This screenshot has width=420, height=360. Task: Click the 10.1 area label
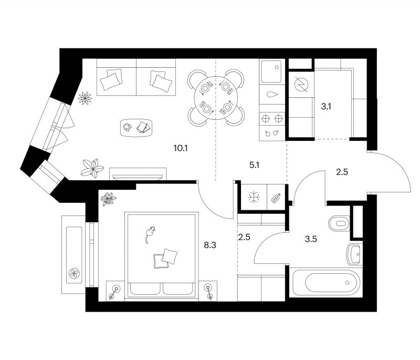coord(180,148)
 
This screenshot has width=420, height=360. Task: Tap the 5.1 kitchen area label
coord(254,165)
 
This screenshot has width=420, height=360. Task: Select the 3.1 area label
coord(326,107)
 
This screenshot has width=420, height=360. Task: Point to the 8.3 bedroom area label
coord(210,245)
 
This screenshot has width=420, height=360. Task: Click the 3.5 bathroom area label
coord(311,239)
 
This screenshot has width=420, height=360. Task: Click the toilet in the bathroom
coord(339,223)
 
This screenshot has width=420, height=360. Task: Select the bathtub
coord(326,283)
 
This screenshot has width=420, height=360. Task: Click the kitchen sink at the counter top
coord(271,71)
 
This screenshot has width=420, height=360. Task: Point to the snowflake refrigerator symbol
coord(254,198)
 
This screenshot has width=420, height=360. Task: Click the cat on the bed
coord(150,234)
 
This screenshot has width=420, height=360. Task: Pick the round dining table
coord(216,98)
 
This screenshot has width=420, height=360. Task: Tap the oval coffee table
coord(136,128)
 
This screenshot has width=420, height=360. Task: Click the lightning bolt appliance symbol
coord(301,85)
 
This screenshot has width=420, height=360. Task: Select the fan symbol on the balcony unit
coord(74,273)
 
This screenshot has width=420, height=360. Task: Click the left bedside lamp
coord(114,292)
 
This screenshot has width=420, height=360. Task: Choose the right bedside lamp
coord(208,292)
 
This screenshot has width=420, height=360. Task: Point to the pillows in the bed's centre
coord(165,259)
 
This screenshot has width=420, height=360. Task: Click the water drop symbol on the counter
coord(272,95)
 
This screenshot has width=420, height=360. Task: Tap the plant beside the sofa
coord(85,98)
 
